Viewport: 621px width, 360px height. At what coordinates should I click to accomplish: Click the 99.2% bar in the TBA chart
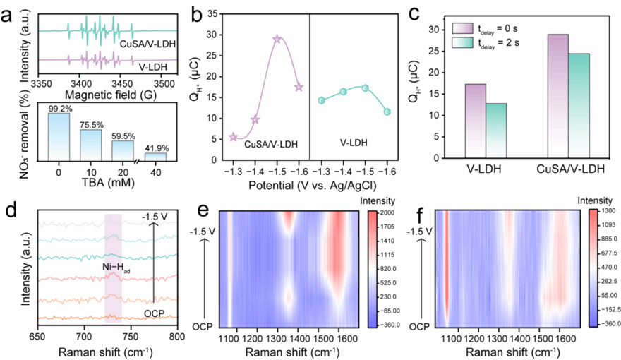[59, 138]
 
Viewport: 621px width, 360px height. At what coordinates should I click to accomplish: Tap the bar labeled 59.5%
[123, 150]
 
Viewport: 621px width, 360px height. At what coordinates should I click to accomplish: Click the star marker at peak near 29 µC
[277, 40]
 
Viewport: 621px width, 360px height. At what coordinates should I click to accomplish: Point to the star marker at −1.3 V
[234, 137]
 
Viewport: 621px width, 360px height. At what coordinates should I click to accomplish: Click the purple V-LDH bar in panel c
[475, 118]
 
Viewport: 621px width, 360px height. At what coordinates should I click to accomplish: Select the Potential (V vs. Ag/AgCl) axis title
[310, 185]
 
